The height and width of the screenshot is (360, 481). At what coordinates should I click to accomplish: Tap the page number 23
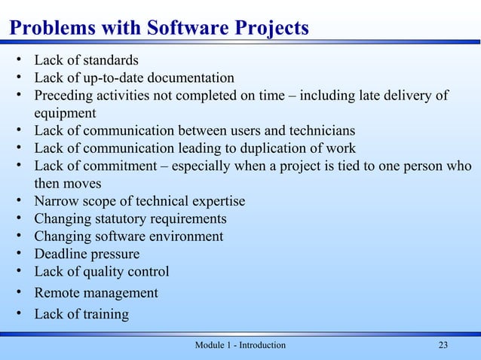[443, 345]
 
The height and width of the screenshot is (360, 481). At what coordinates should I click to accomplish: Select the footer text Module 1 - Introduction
[240, 345]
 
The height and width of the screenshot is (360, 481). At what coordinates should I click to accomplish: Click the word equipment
[65, 114]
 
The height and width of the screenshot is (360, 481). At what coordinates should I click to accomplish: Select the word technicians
[317, 131]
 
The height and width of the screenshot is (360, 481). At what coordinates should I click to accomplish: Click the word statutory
[125, 218]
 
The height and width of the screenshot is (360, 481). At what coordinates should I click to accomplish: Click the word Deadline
[63, 254]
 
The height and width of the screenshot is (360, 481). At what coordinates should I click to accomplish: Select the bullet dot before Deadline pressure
[17, 254]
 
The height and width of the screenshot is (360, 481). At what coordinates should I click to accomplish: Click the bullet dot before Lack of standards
[17, 59]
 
